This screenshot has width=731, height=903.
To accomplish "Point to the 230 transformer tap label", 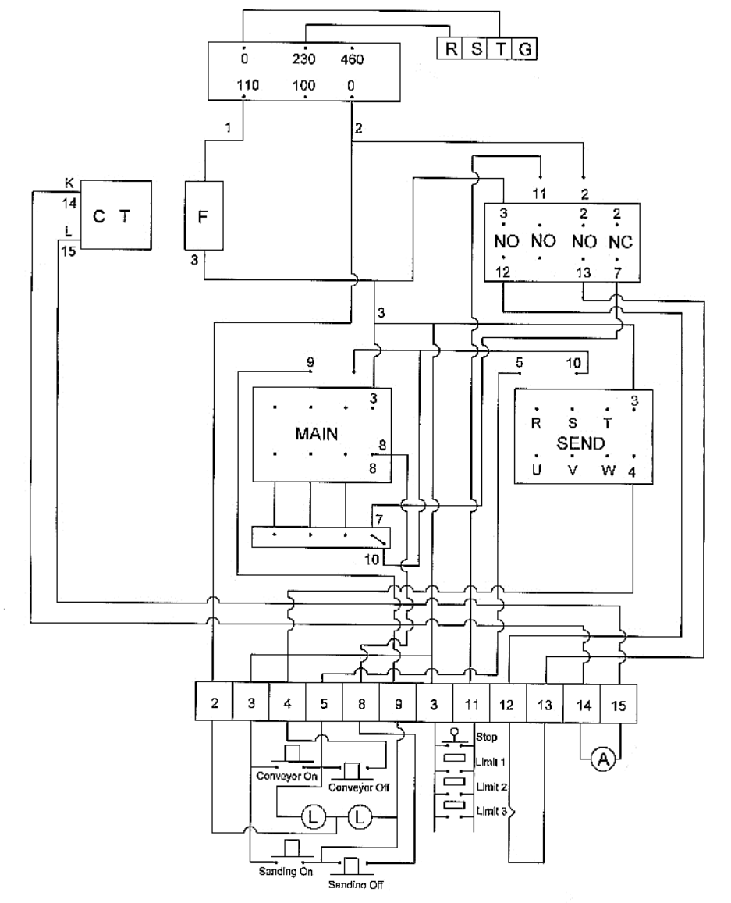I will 304,59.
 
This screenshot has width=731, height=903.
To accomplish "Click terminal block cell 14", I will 582,703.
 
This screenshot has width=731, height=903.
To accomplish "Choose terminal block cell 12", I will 508,703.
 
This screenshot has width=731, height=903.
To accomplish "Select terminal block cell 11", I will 471,703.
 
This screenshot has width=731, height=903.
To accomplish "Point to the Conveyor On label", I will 283,777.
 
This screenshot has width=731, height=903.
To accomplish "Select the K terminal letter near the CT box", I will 69,183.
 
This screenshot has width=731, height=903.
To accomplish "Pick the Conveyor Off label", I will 358,787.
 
